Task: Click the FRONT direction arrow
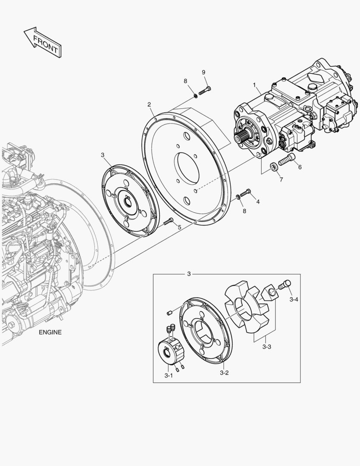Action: pyautogui.click(x=43, y=42)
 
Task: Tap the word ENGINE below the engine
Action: pyautogui.click(x=50, y=332)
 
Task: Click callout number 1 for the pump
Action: pyautogui.click(x=254, y=85)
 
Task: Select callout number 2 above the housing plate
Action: pyautogui.click(x=149, y=104)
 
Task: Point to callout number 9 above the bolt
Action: pyautogui.click(x=203, y=72)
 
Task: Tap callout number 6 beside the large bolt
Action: pyautogui.click(x=300, y=167)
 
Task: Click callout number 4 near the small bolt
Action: pyautogui.click(x=258, y=202)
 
